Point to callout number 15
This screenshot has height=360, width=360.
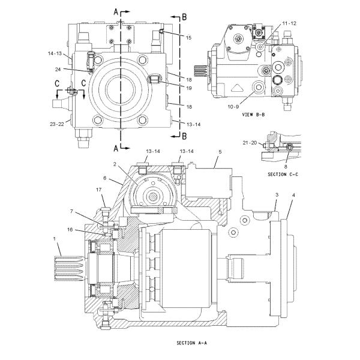(x=188, y=38)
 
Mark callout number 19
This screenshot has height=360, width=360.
(x=188, y=88)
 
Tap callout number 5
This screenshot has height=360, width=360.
(x=220, y=152)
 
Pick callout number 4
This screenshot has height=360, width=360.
(x=293, y=195)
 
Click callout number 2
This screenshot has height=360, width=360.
(x=113, y=164)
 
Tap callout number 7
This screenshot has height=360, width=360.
(x=71, y=211)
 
